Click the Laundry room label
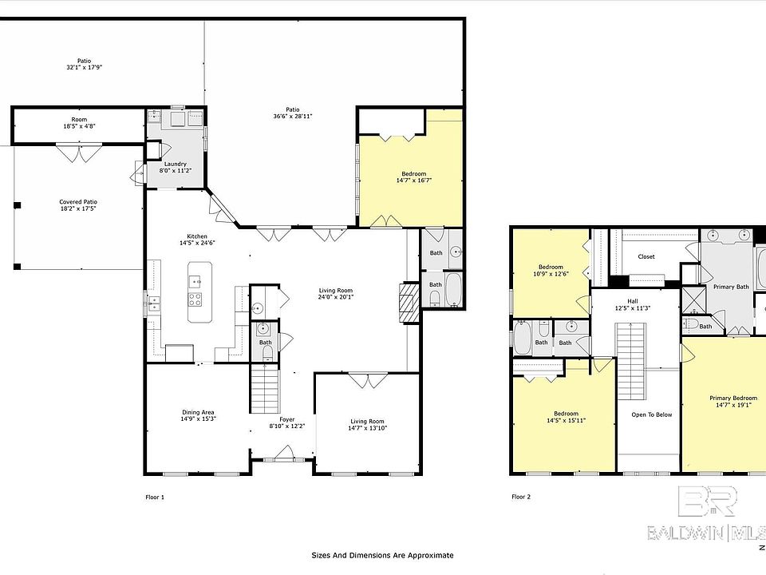[175, 164]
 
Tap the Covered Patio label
[77, 202]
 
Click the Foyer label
[286, 419]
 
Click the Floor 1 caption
[154, 497]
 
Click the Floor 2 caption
[521, 497]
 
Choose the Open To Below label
[651, 414]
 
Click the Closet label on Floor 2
[646, 256]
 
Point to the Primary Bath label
[730, 287]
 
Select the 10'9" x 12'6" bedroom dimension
[551, 274]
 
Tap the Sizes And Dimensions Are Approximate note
[382, 555]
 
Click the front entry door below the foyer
[283, 458]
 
